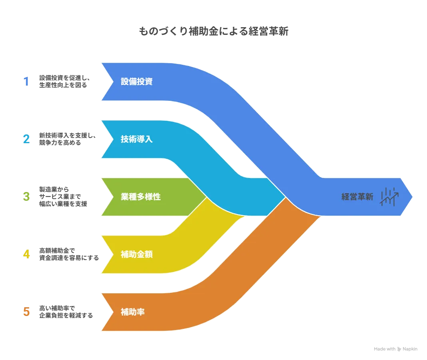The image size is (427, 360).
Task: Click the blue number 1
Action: pyautogui.click(x=26, y=82)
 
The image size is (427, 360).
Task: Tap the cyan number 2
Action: pyautogui.click(x=26, y=139)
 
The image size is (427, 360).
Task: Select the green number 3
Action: pyautogui.click(x=26, y=196)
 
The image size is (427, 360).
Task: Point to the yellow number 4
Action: pyautogui.click(x=26, y=254)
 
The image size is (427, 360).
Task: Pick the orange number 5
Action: pyautogui.click(x=26, y=312)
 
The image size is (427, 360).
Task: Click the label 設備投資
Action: pyautogui.click(x=137, y=82)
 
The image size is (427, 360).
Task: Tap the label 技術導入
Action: pyautogui.click(x=137, y=139)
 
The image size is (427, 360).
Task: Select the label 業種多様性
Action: pyautogui.click(x=141, y=197)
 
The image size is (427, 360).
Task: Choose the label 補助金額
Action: pyautogui.click(x=137, y=254)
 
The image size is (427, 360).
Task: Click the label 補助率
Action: pyautogui.click(x=133, y=312)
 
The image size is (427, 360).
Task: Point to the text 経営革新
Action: pyautogui.click(x=357, y=197)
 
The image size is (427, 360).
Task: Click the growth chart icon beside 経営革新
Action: pyautogui.click(x=389, y=196)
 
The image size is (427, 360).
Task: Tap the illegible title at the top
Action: pyautogui.click(x=213, y=32)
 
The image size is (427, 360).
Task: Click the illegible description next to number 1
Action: pyautogui.click(x=64, y=82)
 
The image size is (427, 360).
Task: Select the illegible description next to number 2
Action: pyautogui.click(x=67, y=140)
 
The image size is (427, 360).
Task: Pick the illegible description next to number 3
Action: pyautogui.click(x=64, y=197)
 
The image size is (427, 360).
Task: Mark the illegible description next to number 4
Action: pyautogui.click(x=68, y=254)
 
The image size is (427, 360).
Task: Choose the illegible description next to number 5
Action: pyautogui.click(x=65, y=312)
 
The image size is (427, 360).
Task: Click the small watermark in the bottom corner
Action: pyautogui.click(x=396, y=349)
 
